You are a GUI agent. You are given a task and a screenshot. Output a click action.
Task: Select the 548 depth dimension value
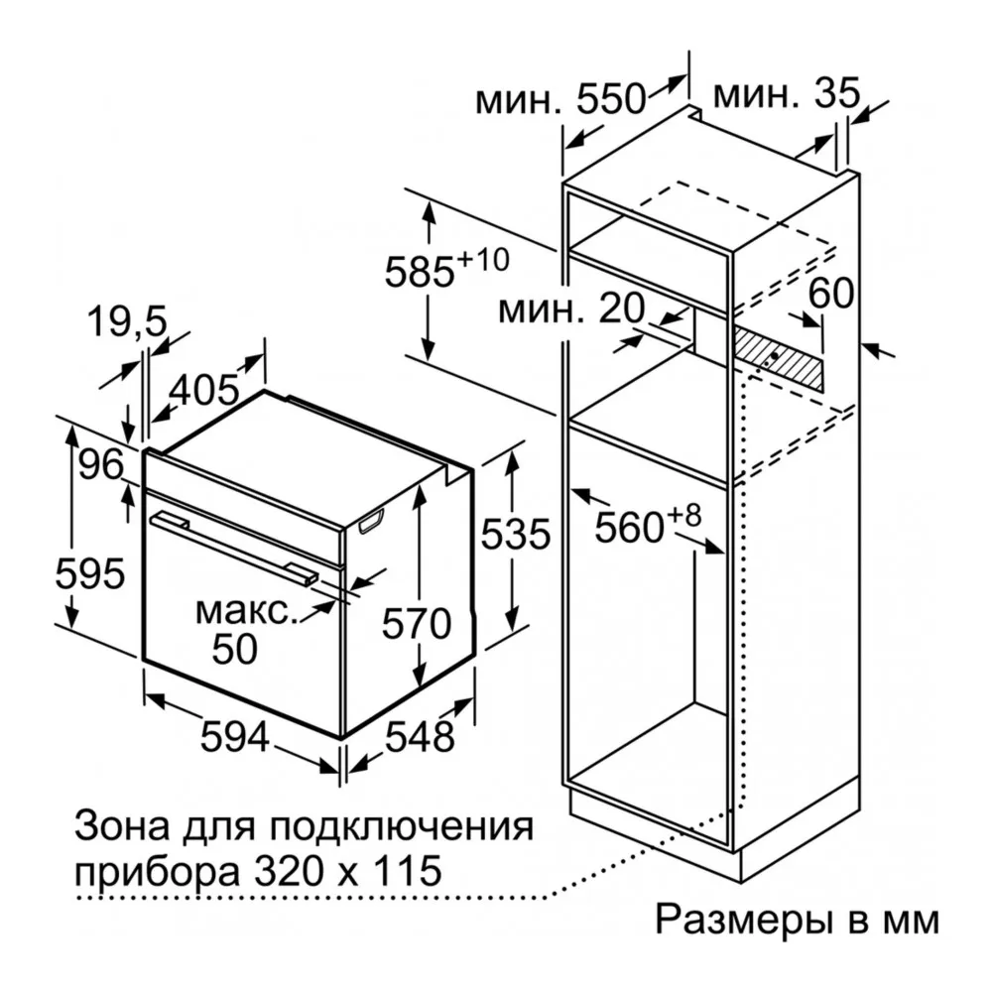pos(418,736)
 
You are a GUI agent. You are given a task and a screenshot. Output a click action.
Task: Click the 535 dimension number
pos(514,536)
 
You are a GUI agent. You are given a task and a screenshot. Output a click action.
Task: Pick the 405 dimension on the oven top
pos(204,389)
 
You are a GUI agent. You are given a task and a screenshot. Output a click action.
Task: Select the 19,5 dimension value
pos(125,320)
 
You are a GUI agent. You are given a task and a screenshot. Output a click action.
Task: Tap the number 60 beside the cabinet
pos(831,293)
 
